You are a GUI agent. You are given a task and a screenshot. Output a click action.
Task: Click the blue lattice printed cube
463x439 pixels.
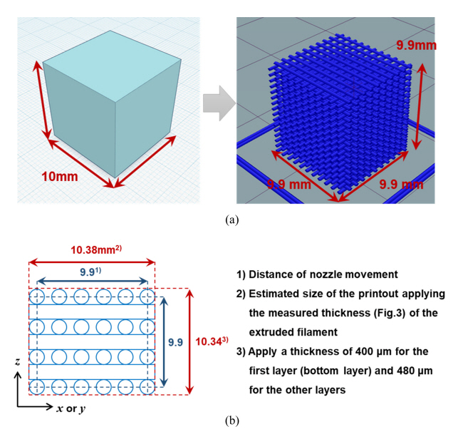(x=339, y=118)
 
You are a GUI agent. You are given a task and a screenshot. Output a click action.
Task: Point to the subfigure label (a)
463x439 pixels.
(x=231, y=221)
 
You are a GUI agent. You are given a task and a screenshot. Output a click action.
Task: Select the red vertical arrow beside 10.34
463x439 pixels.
(x=189, y=341)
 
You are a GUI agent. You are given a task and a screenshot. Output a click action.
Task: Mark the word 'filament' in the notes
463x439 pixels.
(x=306, y=331)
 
